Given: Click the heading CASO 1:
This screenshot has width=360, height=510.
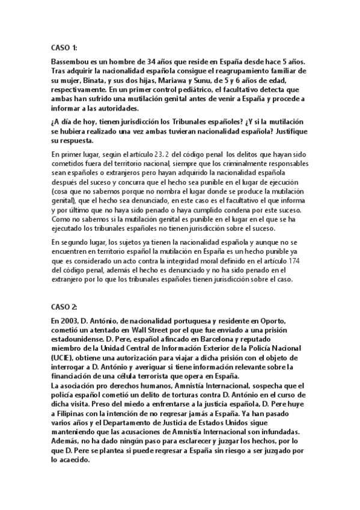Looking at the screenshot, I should tap(65, 47).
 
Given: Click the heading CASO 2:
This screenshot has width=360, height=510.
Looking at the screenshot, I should tap(65, 306).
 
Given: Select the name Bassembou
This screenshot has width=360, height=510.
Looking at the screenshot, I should tap(74, 63).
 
